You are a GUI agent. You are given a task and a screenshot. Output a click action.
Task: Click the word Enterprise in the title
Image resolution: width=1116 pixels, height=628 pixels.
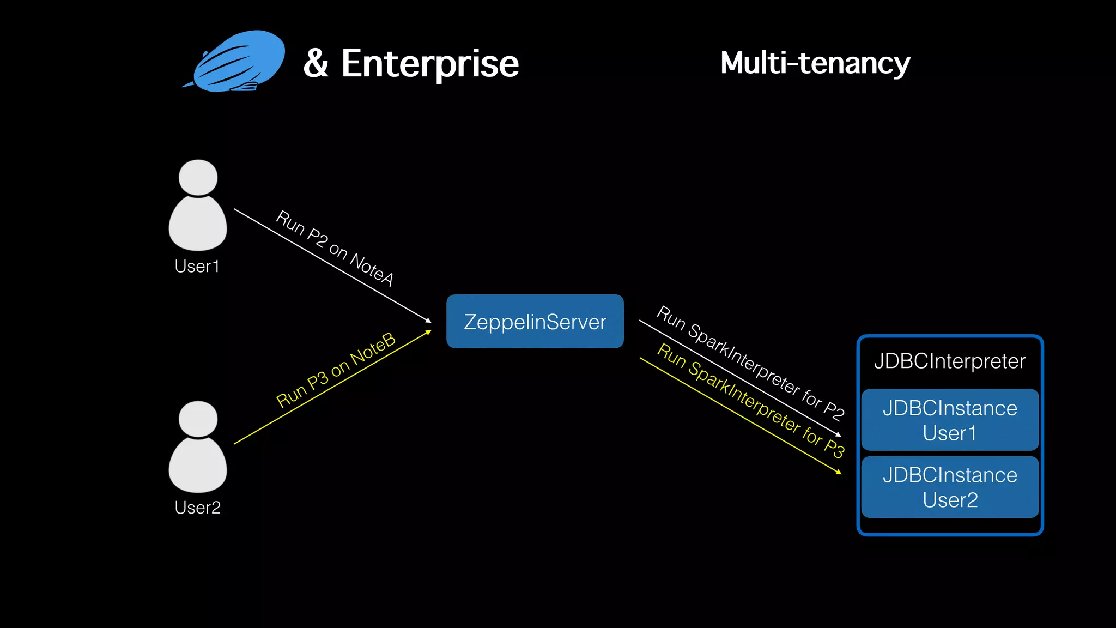click(430, 64)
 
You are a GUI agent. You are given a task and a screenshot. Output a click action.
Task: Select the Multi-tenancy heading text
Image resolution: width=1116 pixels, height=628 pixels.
click(815, 63)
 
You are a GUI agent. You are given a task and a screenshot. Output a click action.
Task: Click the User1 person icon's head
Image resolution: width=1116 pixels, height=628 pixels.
click(198, 177)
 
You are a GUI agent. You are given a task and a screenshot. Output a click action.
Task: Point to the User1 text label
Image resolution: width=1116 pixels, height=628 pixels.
click(197, 266)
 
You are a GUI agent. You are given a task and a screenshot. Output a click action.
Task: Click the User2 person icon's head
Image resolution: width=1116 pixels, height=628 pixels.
click(198, 419)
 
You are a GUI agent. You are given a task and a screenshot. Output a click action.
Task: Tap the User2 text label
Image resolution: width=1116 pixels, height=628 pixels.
click(197, 508)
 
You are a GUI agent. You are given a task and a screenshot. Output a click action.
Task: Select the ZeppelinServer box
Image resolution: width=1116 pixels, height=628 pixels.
click(535, 322)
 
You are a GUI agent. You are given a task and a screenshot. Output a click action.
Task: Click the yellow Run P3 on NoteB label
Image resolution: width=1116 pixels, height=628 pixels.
click(336, 370)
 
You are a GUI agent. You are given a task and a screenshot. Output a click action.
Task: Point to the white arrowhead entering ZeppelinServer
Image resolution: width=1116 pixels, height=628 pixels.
click(429, 321)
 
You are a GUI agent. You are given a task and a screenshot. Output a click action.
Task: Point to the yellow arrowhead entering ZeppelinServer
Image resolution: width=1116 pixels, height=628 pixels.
click(429, 331)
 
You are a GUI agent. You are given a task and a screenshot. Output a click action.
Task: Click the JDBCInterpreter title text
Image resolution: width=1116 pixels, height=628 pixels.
click(949, 361)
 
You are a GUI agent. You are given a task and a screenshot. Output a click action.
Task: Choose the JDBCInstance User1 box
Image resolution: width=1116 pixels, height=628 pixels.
click(949, 420)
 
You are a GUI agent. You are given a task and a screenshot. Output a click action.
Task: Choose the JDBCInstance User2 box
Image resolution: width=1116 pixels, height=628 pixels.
click(949, 487)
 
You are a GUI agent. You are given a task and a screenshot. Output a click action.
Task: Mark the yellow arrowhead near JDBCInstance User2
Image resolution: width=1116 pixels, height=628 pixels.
click(839, 472)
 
